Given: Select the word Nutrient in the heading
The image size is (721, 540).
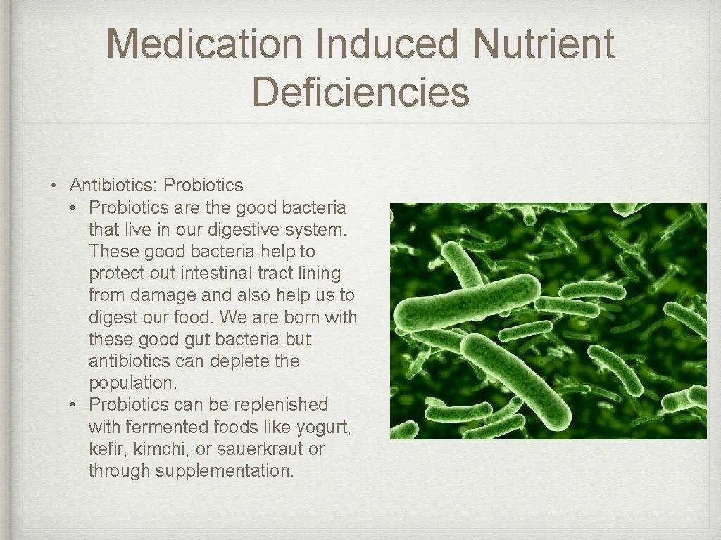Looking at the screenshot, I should point(544,44).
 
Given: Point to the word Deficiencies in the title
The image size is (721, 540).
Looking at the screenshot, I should point(360,92).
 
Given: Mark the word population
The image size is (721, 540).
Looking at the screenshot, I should point(131,383).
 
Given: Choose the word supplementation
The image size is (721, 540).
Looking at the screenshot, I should point(224,471).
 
